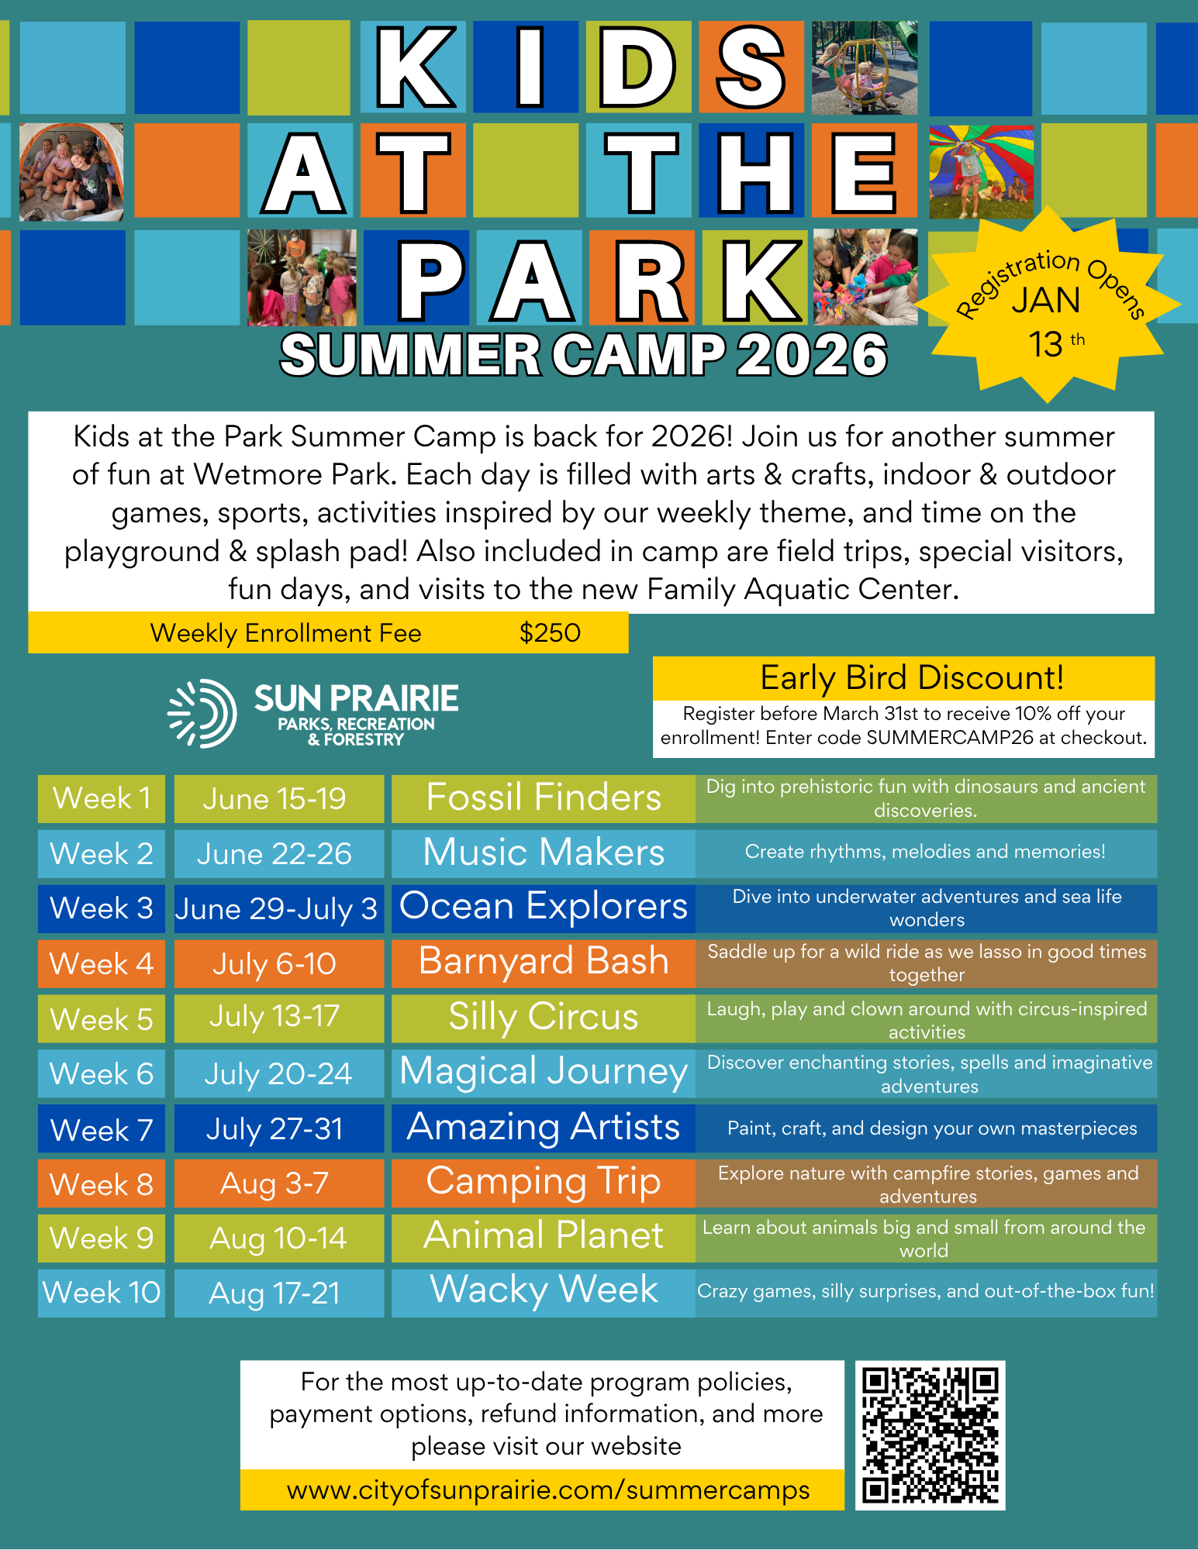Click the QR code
pos(930,1435)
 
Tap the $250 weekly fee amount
pos(550,633)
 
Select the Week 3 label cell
pos(102,908)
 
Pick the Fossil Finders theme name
pos(544,798)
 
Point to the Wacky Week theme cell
pos(544,1291)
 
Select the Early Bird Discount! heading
pos(911,678)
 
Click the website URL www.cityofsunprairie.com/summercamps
pos(548,1490)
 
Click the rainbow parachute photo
pos(981,172)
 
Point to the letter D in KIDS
pos(637,68)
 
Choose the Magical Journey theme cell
pos(544,1073)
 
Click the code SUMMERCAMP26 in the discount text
pos(950,738)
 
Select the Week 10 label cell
pos(102,1293)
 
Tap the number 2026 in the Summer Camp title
pos(811,356)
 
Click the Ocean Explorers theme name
pos(544,907)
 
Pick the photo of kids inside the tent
pos(71,172)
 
